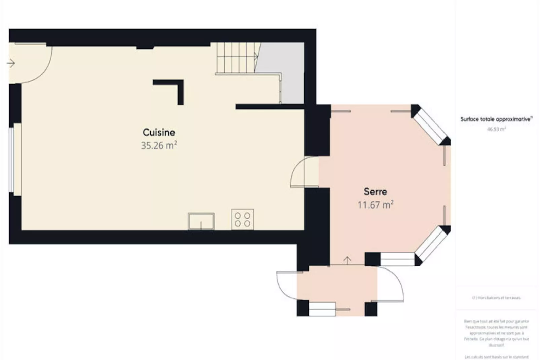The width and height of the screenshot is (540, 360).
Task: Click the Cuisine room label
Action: (159, 132)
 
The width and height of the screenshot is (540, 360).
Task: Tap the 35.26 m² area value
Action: (159, 145)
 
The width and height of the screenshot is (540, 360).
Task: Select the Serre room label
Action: (375, 192)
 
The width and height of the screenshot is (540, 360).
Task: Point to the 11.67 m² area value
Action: (375, 205)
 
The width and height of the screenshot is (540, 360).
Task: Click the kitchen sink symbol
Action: (201, 221)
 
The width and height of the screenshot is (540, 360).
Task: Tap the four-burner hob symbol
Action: (242, 219)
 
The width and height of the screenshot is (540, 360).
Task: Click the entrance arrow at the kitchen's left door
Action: (11, 63)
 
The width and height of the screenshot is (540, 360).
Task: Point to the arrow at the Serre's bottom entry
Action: (347, 260)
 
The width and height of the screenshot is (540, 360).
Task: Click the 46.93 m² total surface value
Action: (496, 129)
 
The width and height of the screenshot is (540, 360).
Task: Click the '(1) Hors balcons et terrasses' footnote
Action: (496, 298)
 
